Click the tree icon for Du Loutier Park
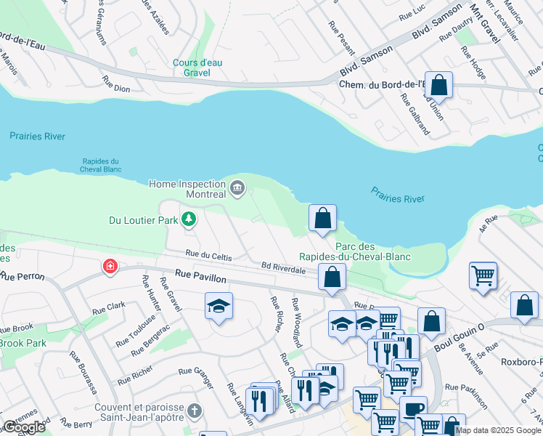tap(189, 218)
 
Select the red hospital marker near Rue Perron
tap(110, 267)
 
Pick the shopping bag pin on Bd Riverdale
tap(332, 277)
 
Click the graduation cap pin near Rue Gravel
tap(218, 306)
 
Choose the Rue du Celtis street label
tap(208, 255)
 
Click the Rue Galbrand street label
tap(415, 116)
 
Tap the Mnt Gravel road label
tap(485, 23)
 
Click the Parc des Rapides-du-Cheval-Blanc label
tap(355, 252)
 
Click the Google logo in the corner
tap(24, 427)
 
